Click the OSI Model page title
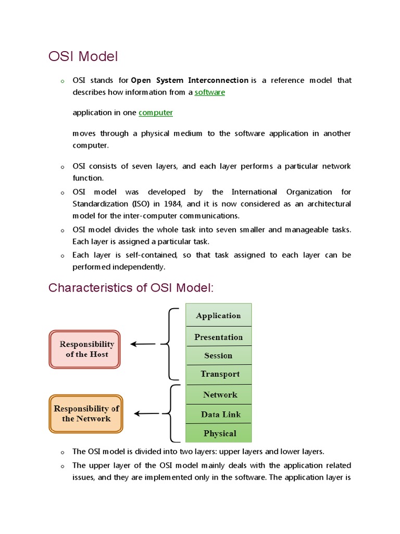83,56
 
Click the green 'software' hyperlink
210,92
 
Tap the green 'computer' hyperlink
156,113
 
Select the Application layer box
219,315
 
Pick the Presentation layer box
219,337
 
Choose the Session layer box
219,356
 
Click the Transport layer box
219,374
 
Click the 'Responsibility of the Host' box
86,349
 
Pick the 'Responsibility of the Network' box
86,414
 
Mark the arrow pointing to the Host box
143,344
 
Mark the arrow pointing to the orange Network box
147,414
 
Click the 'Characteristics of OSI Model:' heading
131,288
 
